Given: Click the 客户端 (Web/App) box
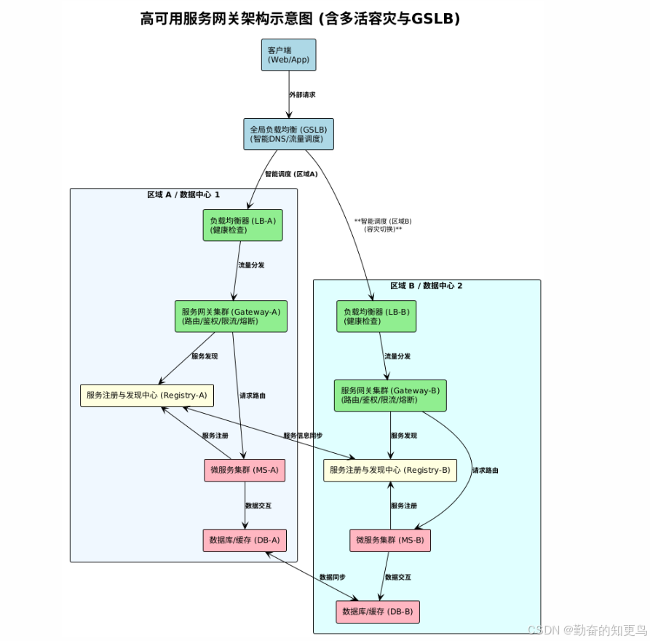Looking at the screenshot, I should [288, 55].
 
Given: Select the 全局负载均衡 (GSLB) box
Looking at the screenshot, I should [288, 134].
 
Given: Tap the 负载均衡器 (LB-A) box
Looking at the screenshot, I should [242, 225].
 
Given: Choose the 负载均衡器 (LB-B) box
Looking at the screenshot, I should [376, 316].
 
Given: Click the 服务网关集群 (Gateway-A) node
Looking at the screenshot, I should [231, 316].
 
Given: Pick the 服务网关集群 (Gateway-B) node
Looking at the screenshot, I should [390, 396].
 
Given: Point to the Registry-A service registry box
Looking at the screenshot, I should [146, 396].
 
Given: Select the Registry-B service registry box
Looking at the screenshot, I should [390, 470].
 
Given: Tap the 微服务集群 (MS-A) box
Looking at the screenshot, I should [245, 470].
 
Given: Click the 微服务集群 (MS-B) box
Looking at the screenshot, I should [390, 540].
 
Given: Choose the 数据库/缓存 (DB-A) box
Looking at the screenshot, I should [245, 540].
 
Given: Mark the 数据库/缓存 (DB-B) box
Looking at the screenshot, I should [378, 611].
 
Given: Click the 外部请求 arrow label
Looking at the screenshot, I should [302, 95].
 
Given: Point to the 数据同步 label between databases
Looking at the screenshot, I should [333, 577].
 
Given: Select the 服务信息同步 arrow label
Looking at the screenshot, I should [303, 436].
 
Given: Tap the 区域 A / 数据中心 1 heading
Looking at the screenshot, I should [183, 194].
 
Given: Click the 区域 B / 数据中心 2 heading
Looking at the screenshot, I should [427, 286].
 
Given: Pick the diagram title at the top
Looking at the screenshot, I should [300, 19].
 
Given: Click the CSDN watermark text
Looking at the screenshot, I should [587, 629].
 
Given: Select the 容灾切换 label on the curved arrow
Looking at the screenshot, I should [383, 229].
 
